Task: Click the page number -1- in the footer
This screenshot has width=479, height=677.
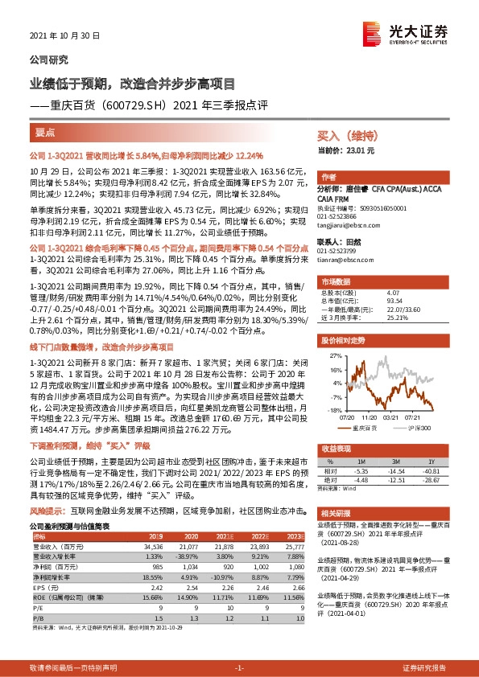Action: point(239,668)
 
